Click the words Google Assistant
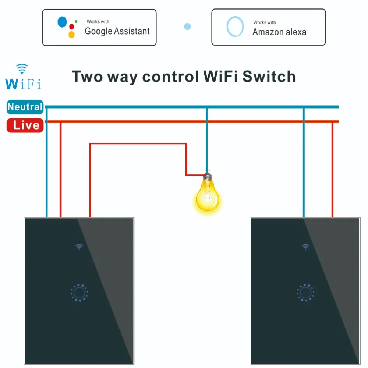pos(117,31)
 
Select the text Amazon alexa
pos(279,32)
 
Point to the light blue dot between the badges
pos(187,26)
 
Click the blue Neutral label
pos(25,107)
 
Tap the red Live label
pos(25,125)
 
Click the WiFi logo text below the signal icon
pos(23,82)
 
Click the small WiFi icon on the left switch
pos(79,247)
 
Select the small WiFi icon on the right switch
pos(305,247)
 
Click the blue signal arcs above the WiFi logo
pos(22,68)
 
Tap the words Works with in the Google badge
pos(98,22)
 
